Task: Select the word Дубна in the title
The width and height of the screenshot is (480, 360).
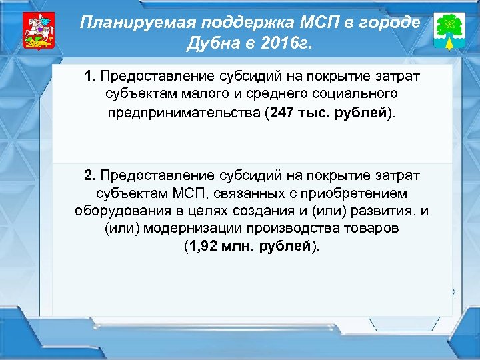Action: coord(210,44)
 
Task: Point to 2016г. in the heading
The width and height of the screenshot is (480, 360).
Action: coord(285,44)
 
